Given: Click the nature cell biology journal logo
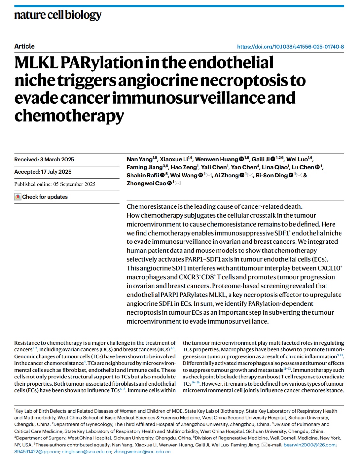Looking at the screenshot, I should (58, 15).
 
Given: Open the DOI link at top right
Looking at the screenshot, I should (290, 47).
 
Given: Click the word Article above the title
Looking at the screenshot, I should (24, 46).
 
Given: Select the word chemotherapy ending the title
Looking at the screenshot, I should (69, 116).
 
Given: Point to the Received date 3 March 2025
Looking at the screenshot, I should (44, 160).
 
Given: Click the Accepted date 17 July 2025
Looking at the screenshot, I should (43, 172).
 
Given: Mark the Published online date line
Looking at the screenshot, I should (55, 184).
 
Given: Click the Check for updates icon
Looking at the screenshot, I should (18, 197).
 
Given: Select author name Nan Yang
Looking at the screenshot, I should (139, 159).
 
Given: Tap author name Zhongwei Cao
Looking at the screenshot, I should (146, 183).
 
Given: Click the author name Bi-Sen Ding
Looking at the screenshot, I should (272, 175).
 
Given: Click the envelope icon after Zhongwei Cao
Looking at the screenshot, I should (177, 183).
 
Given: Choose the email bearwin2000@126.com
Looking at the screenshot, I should (309, 445).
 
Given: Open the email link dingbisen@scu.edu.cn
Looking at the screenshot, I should (86, 452).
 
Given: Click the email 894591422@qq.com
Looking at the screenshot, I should (37, 452).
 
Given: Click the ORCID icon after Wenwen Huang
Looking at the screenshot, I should (241, 159).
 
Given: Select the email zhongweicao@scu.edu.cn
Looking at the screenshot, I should (142, 452).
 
